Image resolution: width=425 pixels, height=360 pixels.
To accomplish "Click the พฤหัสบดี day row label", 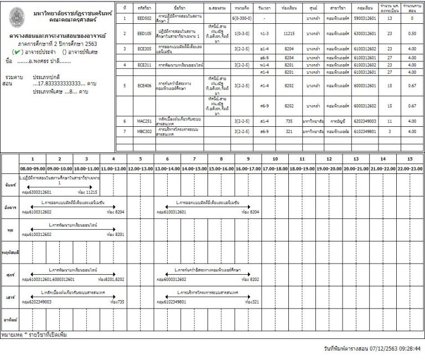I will [9, 252].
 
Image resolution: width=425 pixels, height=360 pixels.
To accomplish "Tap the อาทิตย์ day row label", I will [9, 321].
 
